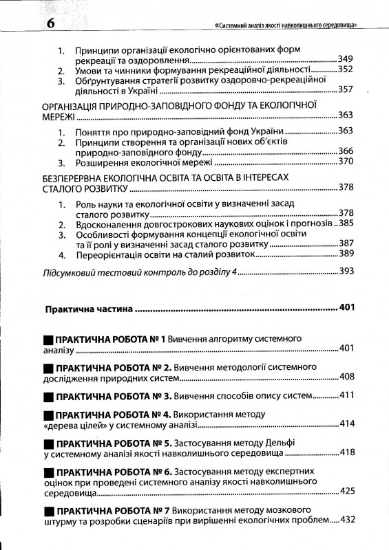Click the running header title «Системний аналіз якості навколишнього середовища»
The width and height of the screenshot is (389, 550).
click(x=289, y=27)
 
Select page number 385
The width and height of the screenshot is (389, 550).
click(x=345, y=223)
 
